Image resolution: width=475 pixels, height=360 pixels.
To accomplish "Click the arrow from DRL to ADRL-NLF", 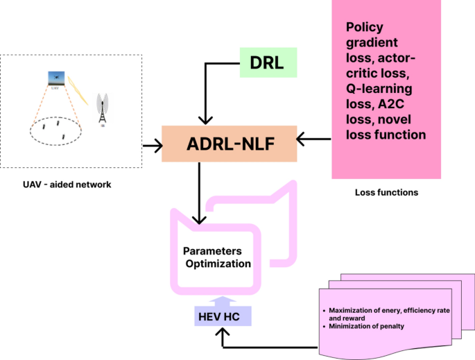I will pyautogui.click(x=202, y=90).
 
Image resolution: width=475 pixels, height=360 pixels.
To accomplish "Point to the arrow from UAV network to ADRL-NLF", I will pyautogui.click(x=151, y=146).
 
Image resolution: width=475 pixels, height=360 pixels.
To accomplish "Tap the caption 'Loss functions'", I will pyautogui.click(x=386, y=192).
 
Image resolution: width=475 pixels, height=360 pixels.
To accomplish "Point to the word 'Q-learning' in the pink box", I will pyautogui.click(x=379, y=88).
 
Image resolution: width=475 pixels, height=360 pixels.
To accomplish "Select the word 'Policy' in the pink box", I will pyautogui.click(x=365, y=27).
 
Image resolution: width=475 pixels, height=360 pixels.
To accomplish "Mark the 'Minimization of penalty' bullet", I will pyautogui.click(x=368, y=325).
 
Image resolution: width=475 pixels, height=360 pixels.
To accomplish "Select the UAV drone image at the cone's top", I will pyautogui.click(x=55, y=78).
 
